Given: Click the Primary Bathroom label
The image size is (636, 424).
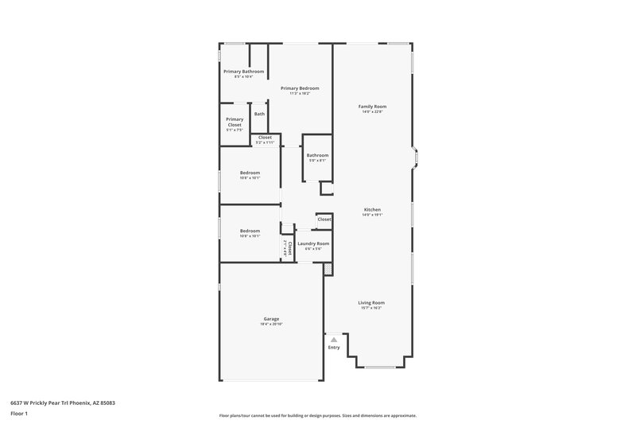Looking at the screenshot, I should click(243, 72).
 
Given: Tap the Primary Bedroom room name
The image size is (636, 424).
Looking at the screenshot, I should click(300, 88).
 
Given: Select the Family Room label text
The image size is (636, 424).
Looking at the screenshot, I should click(373, 106).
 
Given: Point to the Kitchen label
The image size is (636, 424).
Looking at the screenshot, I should click(373, 209).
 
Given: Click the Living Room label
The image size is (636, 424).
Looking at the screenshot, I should click(371, 302).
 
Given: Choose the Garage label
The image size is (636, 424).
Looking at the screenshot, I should click(271, 319).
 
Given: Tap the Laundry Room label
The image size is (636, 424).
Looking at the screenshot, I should click(313, 243).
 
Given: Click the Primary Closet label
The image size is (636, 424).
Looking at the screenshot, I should click(235, 122).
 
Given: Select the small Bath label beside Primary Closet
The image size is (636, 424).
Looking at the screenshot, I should click(259, 114).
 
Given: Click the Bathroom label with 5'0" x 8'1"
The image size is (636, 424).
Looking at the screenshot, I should click(317, 155).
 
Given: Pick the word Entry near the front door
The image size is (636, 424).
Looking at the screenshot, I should click(334, 347).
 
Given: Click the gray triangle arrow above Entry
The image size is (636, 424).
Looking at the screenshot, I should click(334, 339).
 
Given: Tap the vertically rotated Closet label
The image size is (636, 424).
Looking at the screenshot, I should click(290, 247).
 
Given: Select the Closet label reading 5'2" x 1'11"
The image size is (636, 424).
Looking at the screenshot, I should click(265, 138).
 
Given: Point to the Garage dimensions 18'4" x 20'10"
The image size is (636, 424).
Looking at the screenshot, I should click(271, 325).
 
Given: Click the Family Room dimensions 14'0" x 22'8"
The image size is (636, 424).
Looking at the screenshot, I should click(373, 111).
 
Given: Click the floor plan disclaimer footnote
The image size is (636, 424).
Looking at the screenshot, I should click(318, 415).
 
